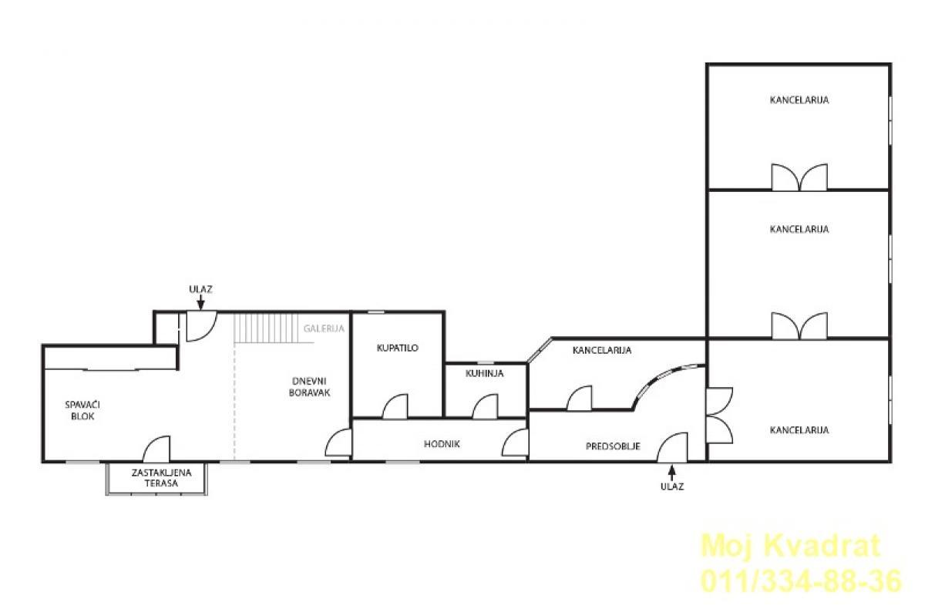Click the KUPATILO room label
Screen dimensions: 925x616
[x=397, y=348]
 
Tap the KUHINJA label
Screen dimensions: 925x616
[x=484, y=373]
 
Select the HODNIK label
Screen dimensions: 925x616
[x=442, y=444]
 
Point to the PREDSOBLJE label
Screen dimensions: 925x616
[x=613, y=446]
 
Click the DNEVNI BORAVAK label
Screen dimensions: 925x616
[x=309, y=387]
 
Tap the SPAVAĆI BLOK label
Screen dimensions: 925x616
[x=82, y=410]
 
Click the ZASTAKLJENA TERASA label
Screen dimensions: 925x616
[x=161, y=478]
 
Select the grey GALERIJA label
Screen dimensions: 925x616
[x=324, y=328]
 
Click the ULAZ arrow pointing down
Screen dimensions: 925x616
[x=200, y=303]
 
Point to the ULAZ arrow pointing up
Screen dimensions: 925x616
[x=672, y=473]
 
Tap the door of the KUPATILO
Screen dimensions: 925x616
[x=395, y=406]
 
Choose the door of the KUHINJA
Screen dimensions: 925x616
[x=485, y=406]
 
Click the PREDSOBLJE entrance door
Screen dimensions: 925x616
[x=672, y=446]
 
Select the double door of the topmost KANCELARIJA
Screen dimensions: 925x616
[x=799, y=177]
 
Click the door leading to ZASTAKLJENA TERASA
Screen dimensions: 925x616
[x=156, y=449]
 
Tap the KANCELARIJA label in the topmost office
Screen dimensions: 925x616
[x=799, y=100]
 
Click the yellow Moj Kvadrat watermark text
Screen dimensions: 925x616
[x=791, y=546]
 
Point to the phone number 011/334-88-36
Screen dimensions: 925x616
[x=801, y=581]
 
